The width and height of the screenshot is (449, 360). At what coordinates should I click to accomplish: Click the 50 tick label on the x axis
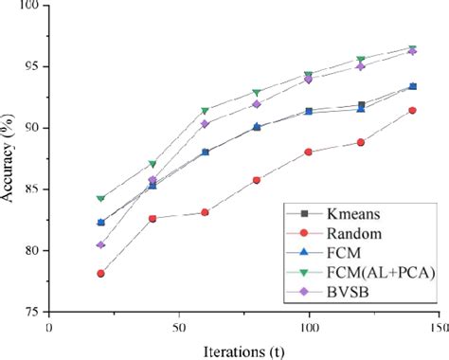tap(179, 325)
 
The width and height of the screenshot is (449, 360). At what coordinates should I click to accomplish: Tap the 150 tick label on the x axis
tap(438, 325)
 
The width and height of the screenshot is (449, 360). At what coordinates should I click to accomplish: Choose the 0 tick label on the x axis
tap(49, 325)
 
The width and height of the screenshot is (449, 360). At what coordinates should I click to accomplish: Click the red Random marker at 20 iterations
tap(100, 273)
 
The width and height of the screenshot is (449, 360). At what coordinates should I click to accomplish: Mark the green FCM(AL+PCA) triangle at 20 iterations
tap(100, 199)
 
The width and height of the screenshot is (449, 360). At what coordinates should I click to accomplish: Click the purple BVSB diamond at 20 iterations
tap(100, 244)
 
